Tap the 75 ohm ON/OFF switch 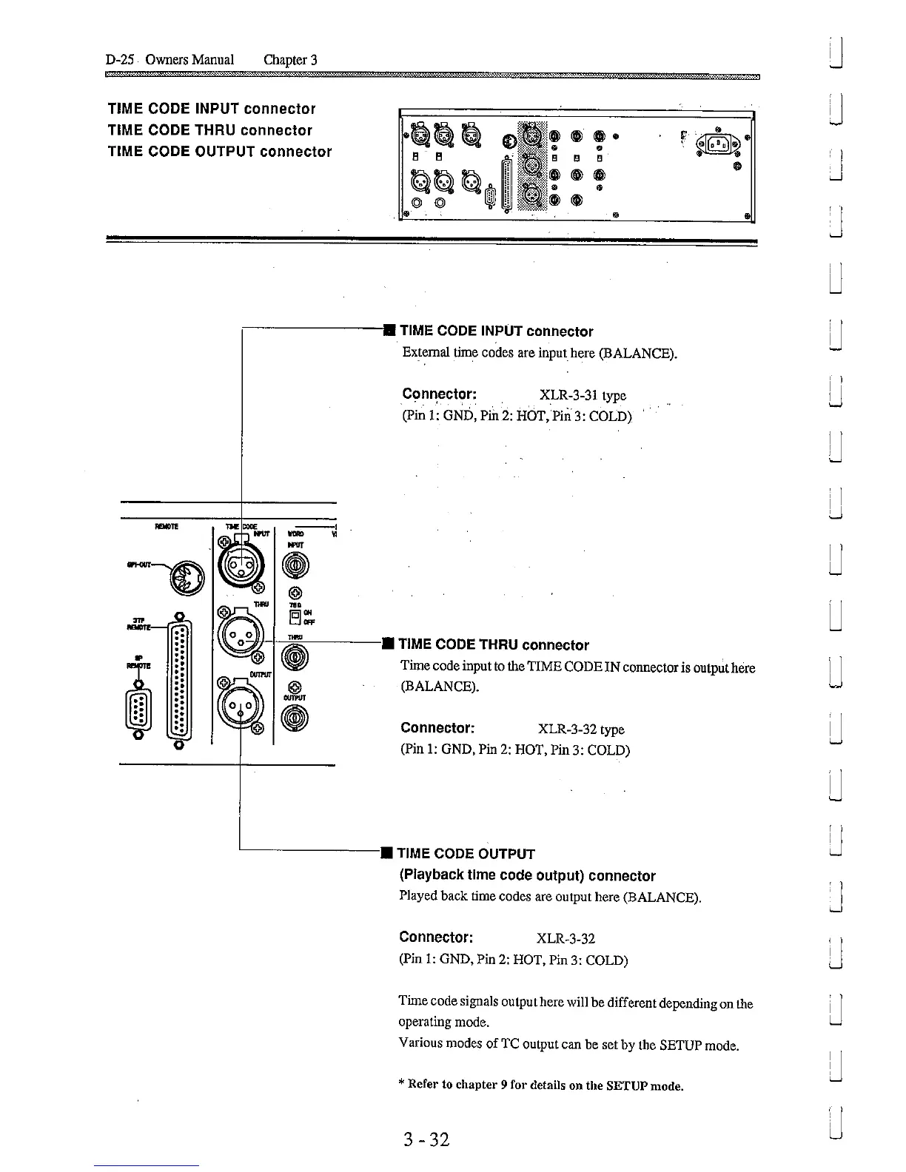pyautogui.click(x=295, y=616)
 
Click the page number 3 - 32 pyautogui.click(x=422, y=1139)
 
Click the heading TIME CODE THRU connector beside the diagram pyautogui.click(x=494, y=644)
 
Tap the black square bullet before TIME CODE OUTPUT pyautogui.click(x=386, y=854)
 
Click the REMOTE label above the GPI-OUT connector pyautogui.click(x=165, y=527)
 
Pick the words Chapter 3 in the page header pyautogui.click(x=290, y=59)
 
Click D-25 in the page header pyautogui.click(x=119, y=59)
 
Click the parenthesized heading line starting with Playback pyautogui.click(x=527, y=875)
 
